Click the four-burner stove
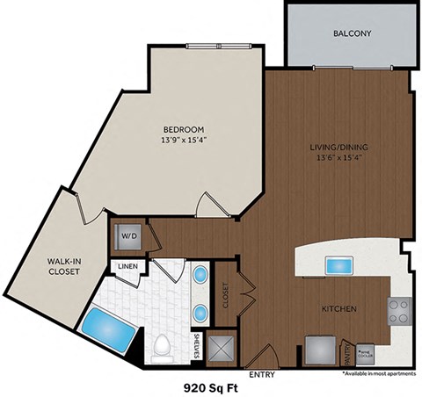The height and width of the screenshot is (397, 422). [399, 310]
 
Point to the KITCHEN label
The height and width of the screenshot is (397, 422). [338, 309]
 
